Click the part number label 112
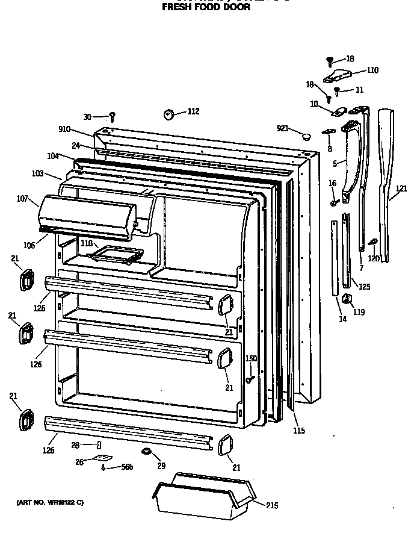[193, 111]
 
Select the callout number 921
[283, 129]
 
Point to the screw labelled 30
[112, 116]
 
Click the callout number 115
[299, 431]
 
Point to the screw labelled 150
[248, 379]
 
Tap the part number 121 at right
[401, 189]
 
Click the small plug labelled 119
[347, 299]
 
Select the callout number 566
[126, 467]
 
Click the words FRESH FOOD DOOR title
[206, 8]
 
